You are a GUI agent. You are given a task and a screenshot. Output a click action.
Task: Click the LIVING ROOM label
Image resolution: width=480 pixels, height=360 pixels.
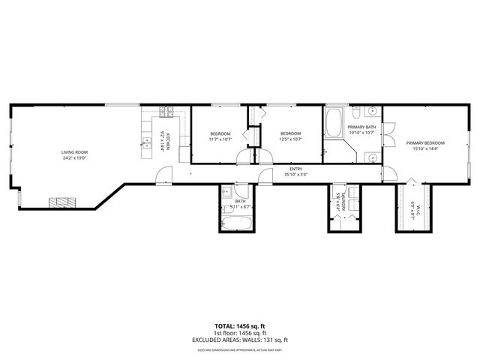click(x=74, y=152)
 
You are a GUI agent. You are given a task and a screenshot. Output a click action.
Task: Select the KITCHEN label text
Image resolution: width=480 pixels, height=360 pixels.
click(x=169, y=141)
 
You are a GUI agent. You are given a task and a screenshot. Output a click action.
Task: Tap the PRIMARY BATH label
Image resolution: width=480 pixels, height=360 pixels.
click(x=361, y=127)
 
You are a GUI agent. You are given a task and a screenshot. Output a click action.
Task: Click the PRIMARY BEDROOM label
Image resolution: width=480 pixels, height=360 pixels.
click(x=425, y=142)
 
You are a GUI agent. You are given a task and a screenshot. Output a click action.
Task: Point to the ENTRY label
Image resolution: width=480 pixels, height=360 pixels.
click(x=296, y=169)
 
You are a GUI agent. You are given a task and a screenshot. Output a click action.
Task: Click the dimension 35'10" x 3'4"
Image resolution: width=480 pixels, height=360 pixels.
click(x=296, y=175)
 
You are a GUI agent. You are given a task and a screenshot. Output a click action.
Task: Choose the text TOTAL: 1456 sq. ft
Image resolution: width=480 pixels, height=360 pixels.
click(x=240, y=326)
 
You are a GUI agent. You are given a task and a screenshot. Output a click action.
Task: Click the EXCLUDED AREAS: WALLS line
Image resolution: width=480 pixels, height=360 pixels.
click(x=240, y=340)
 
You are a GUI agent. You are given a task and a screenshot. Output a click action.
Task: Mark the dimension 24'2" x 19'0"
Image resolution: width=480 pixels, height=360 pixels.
click(x=74, y=158)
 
